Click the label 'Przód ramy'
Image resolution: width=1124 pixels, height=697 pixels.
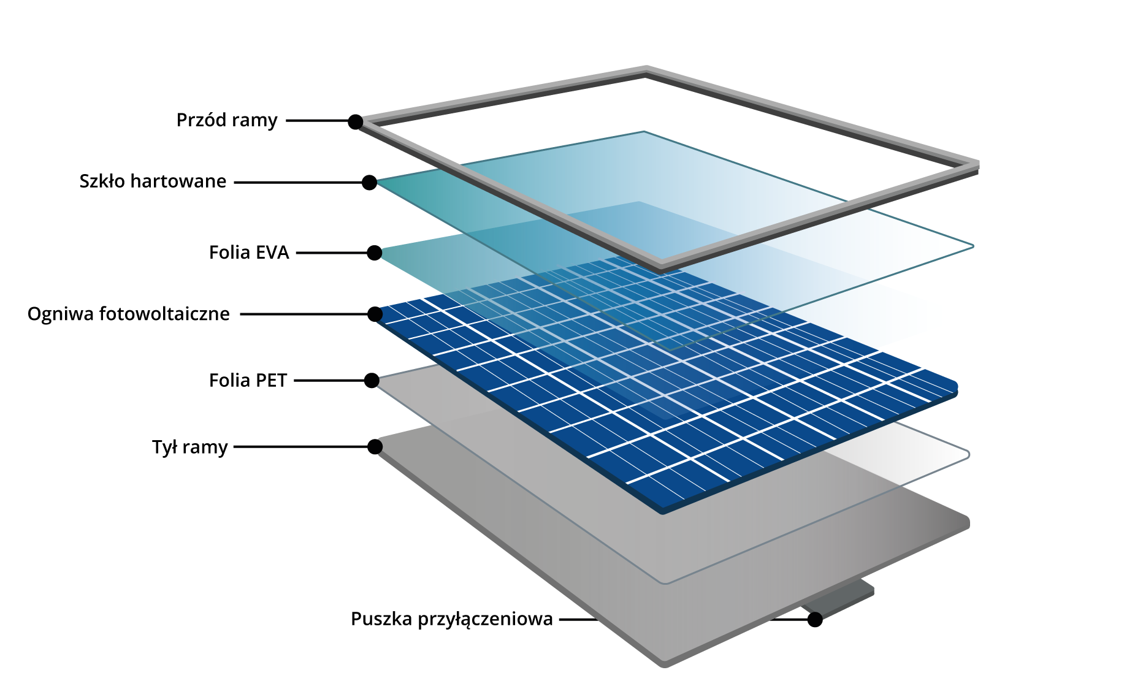tap(227, 120)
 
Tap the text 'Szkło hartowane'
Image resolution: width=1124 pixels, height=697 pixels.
tap(153, 181)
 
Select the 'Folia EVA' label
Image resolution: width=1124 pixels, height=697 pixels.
tap(248, 253)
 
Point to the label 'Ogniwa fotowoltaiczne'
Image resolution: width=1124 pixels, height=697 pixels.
tap(129, 314)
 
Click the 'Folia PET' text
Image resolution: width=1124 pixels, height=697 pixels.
tap(248, 381)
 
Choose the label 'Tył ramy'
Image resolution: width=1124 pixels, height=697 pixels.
tap(189, 447)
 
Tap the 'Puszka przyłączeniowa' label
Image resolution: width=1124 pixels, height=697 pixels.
tap(452, 619)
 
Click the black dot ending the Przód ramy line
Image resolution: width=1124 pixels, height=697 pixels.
tap(356, 121)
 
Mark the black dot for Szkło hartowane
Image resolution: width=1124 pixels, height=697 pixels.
tap(369, 183)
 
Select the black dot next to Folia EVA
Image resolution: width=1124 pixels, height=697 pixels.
tap(375, 253)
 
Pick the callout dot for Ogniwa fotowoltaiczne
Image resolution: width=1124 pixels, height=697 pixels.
tap(375, 314)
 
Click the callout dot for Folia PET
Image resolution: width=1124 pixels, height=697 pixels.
tap(372, 381)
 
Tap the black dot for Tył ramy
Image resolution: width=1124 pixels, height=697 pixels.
tap(375, 447)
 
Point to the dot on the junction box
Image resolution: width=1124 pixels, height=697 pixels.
tap(815, 620)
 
